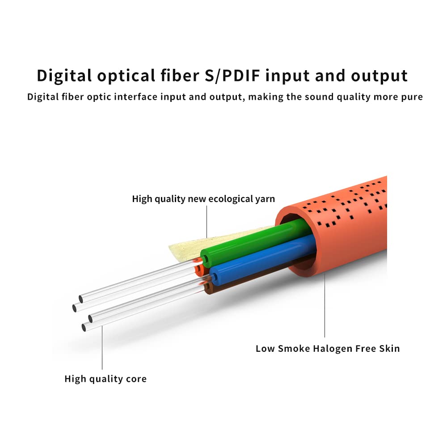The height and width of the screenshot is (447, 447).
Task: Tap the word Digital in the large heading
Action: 64,76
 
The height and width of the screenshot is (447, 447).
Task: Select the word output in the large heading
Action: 379,76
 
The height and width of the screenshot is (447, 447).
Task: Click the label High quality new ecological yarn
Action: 203,199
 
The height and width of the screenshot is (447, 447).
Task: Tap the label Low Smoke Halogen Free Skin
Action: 328,349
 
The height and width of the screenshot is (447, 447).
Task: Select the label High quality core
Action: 105,379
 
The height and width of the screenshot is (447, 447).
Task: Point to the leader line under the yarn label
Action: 207,222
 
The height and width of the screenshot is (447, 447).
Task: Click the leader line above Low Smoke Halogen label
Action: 325,305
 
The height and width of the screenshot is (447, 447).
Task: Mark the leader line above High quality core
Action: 102,348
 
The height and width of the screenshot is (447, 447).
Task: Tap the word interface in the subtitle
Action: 136,97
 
